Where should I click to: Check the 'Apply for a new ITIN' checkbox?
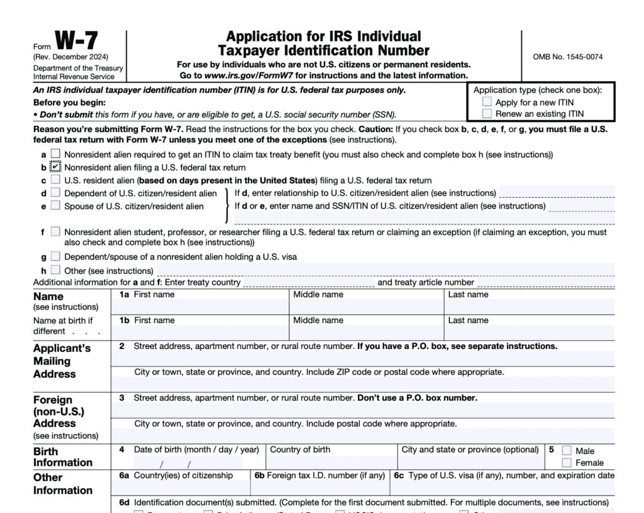pos(487,102)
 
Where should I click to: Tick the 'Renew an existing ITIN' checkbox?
pos(487,114)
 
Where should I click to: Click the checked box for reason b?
pos(56,167)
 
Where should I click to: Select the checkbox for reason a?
pos(56,154)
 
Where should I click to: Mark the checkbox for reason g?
pos(56,256)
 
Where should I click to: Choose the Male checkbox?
pos(567,451)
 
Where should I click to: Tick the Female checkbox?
pos(567,463)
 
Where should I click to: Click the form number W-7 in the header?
pos(76,41)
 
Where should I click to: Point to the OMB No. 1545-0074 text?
pos(567,57)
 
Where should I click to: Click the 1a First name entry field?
pos(200,307)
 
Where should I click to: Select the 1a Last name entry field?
pos(530,307)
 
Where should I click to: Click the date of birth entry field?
pos(189,464)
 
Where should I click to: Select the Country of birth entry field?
pos(332,464)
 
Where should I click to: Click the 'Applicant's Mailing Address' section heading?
pos(62,361)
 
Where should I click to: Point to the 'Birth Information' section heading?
pos(63,457)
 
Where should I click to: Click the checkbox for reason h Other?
pos(56,270)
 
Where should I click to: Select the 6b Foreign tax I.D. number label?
pos(319,475)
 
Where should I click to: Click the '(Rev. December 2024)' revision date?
pos(71,57)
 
